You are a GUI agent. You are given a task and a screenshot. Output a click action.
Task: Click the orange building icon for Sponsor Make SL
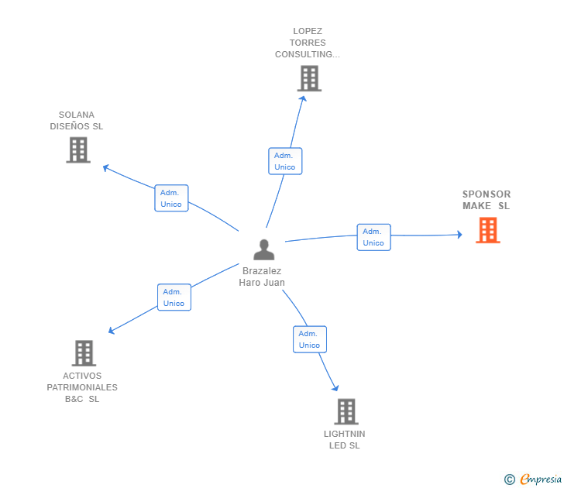tap(487, 230)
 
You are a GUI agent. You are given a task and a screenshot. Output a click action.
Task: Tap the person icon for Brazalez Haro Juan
tap(264, 249)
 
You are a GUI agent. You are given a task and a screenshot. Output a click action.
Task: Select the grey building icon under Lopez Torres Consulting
tap(308, 78)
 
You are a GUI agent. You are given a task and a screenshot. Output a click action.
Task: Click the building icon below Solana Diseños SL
tap(78, 149)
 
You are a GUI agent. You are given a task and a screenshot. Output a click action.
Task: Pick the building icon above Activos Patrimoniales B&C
tap(84, 353)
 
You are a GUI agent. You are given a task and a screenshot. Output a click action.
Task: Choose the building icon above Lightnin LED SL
tap(346, 411)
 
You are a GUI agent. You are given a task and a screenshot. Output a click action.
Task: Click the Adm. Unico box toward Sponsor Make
tap(373, 237)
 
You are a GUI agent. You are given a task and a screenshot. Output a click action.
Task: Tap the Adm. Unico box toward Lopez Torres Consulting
tap(284, 161)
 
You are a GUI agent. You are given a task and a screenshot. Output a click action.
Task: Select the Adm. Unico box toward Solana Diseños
tap(171, 198)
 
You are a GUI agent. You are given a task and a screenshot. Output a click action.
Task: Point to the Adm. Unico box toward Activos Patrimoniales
tap(174, 297)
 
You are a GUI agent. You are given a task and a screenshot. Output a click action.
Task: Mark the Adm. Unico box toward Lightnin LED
tap(309, 339)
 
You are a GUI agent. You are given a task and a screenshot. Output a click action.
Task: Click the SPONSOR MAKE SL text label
tap(487, 200)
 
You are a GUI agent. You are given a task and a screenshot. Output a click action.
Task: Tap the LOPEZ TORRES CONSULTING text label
tap(308, 43)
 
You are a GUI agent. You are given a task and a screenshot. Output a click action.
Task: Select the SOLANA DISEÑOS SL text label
tap(77, 120)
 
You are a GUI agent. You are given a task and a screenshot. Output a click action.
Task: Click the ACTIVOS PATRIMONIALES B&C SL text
tap(82, 387)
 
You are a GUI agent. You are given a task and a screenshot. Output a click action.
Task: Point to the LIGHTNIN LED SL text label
tap(345, 439)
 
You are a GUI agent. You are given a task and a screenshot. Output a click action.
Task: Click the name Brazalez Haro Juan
tap(262, 277)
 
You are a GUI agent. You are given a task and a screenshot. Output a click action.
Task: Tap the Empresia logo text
tap(541, 479)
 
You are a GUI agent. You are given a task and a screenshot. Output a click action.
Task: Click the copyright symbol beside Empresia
tap(510, 479)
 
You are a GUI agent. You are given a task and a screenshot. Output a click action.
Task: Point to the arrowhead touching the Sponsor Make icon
tap(459, 234)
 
